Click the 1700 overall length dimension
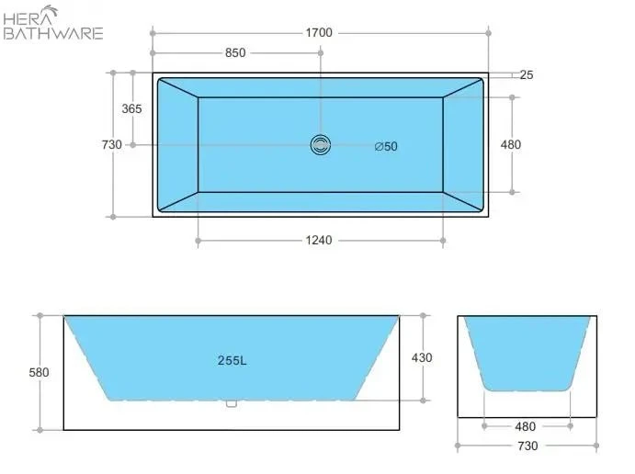point(319,33)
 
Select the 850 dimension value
point(235,53)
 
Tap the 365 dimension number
point(131,109)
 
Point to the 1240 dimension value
point(319,241)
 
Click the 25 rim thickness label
point(526,75)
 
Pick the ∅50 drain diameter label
point(386,147)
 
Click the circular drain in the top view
point(321,145)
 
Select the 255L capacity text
point(232,360)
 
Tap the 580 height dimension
point(39,372)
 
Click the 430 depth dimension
point(422,358)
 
